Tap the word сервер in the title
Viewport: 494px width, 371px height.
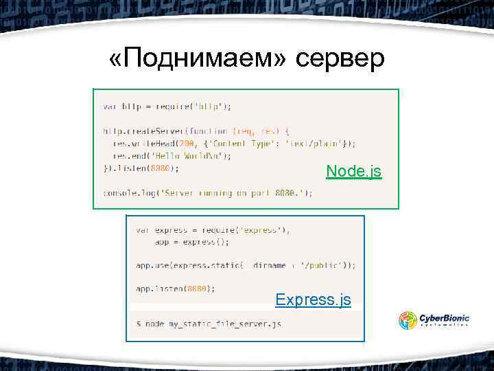(x=341, y=60)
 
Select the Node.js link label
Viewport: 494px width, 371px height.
(x=353, y=170)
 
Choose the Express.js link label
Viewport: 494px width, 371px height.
(x=313, y=300)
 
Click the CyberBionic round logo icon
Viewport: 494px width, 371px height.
(x=408, y=321)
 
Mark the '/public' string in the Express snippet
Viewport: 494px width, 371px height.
(x=322, y=265)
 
